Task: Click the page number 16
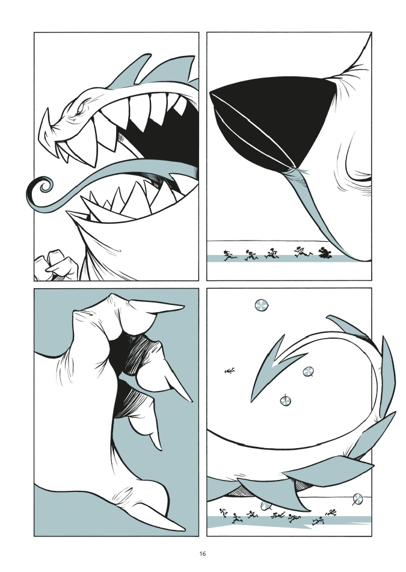pyautogui.click(x=203, y=553)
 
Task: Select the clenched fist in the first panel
pyautogui.click(x=57, y=265)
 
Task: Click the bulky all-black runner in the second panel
pyautogui.click(x=324, y=253)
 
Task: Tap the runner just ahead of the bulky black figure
pyautogui.click(x=303, y=251)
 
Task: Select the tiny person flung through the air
pyautogui.click(x=229, y=371)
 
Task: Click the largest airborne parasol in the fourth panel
pyautogui.click(x=262, y=305)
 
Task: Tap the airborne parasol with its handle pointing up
pyautogui.click(x=285, y=400)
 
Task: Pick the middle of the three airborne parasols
pyautogui.click(x=309, y=372)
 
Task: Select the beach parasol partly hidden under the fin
pyautogui.click(x=265, y=506)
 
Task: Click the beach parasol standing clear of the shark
pyautogui.click(x=358, y=499)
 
